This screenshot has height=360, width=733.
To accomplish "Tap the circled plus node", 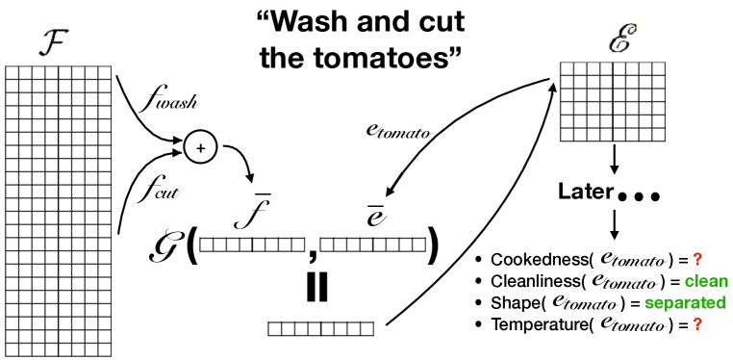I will [x=201, y=147].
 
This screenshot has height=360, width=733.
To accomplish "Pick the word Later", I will [x=585, y=192].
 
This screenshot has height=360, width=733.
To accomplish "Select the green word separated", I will [x=684, y=302].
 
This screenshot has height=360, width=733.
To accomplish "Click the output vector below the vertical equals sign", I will [x=320, y=328].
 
